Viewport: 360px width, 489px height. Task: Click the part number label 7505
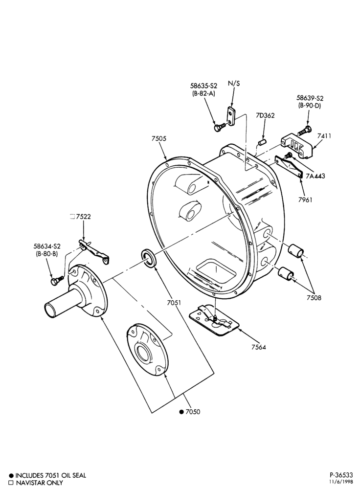point(159,139)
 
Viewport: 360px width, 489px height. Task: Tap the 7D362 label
point(265,116)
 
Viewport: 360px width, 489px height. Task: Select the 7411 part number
point(324,135)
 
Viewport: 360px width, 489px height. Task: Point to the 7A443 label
point(315,176)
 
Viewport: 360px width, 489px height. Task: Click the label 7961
point(305,200)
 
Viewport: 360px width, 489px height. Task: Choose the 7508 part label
point(314,298)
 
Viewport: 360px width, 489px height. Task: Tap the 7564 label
point(258,347)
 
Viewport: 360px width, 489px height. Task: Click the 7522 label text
point(84,217)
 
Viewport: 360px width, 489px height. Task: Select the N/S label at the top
point(234,83)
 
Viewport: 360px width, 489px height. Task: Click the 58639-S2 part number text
point(310,98)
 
